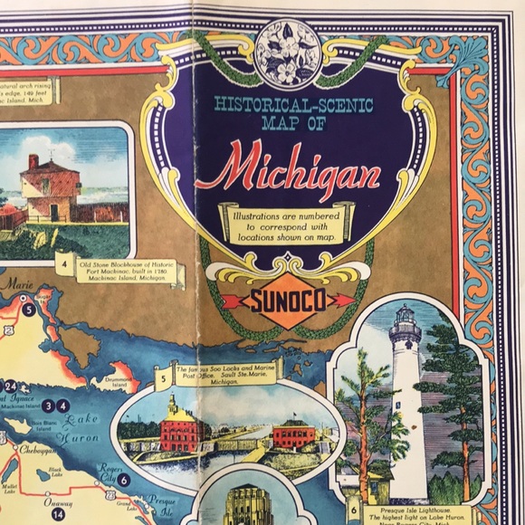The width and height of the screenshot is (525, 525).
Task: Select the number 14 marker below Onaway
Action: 58,514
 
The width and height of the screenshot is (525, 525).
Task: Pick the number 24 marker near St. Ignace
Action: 10,387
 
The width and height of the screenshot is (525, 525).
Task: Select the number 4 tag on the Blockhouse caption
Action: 66,266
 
